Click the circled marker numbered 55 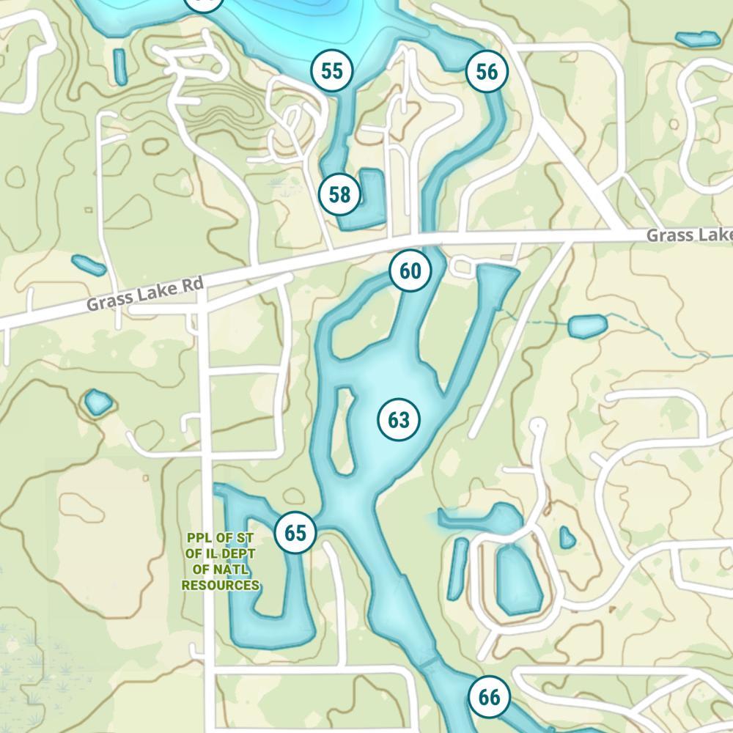point(332,71)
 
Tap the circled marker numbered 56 point(487,72)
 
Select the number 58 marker point(339,195)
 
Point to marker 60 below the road point(410,271)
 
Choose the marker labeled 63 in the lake point(399,421)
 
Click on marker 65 point(295,533)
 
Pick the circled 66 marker point(489,697)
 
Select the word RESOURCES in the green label point(220,586)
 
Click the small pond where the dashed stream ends point(588,326)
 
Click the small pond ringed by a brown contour point(97,402)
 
